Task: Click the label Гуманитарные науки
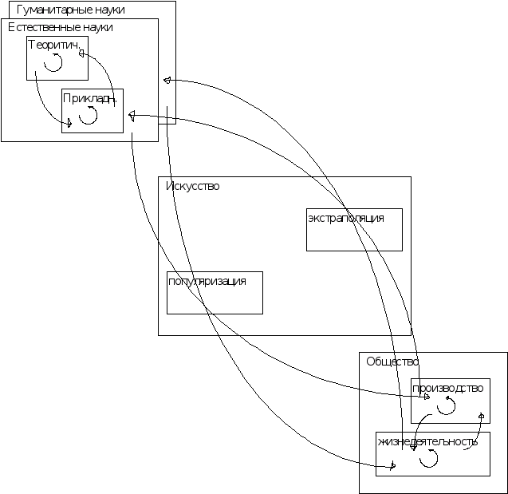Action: click(71, 10)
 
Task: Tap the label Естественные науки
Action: click(61, 27)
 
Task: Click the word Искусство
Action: click(193, 186)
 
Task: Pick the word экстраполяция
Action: click(346, 218)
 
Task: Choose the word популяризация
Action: click(206, 281)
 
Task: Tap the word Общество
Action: click(392, 362)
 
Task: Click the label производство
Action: click(448, 389)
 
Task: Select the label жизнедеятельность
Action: click(428, 441)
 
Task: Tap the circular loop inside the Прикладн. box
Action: click(88, 115)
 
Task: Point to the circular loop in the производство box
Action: click(447, 407)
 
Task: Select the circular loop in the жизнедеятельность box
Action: click(429, 457)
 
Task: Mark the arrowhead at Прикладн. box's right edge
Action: click(132, 115)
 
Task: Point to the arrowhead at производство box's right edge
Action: click(481, 417)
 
